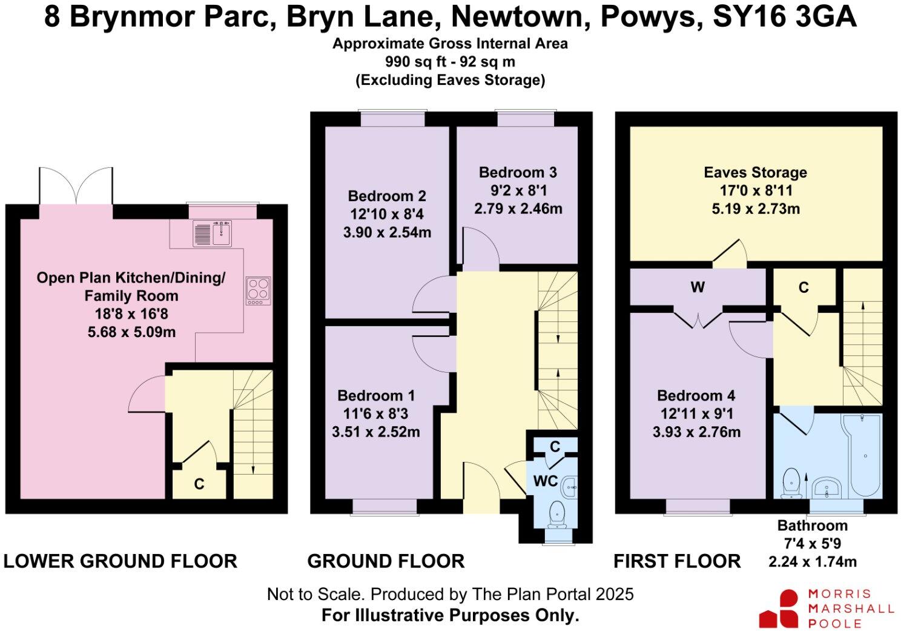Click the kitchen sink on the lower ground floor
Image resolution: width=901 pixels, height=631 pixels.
[212, 234]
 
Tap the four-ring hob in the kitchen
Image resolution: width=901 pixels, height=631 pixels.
[258, 290]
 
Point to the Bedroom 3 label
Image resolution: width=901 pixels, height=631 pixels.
[518, 173]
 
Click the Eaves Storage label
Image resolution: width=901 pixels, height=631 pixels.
[755, 173]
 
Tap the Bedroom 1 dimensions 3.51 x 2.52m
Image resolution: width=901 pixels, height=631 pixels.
[375, 432]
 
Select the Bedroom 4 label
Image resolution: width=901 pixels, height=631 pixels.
[696, 396]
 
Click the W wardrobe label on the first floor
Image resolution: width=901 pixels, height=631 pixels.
[698, 287]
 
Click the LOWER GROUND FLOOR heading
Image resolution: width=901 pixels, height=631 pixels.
[120, 561]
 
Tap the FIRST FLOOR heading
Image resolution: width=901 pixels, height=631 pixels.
[677, 561]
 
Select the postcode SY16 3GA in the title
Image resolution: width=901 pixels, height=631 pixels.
[785, 17]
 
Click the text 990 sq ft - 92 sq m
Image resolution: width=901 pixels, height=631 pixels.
[450, 62]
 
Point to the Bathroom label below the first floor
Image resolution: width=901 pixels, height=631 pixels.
[812, 526]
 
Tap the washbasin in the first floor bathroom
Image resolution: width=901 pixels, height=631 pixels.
[826, 486]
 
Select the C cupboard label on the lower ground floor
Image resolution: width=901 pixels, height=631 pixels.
[199, 484]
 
